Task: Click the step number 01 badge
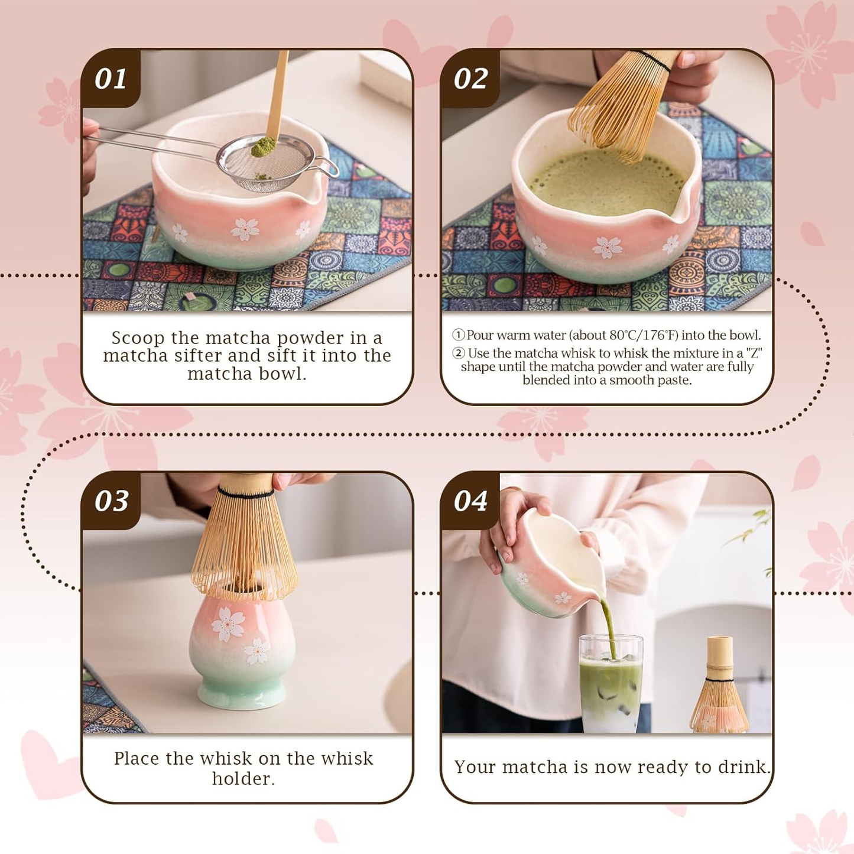(111, 79)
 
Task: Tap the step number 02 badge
(470, 79)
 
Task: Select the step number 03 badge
(111, 501)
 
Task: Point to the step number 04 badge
(470, 501)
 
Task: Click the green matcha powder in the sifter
(263, 147)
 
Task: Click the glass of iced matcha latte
(611, 686)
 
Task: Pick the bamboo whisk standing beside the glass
(720, 689)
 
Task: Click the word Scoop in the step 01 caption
(138, 338)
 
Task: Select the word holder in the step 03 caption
(243, 778)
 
